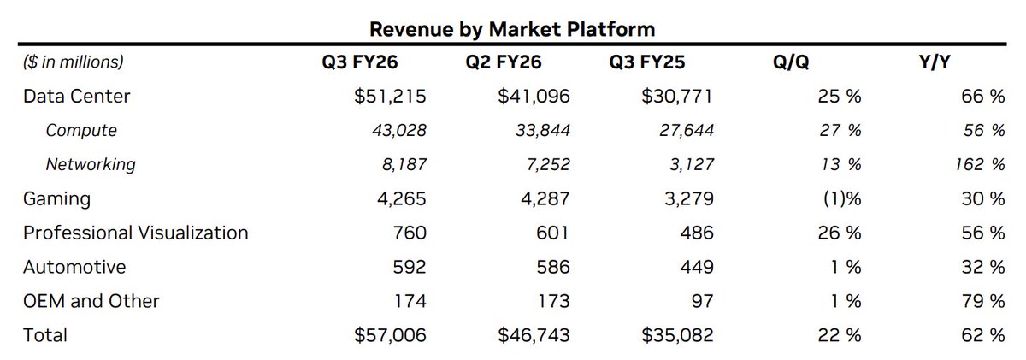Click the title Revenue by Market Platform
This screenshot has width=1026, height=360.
pyautogui.click(x=511, y=29)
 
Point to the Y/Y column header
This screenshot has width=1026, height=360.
pyautogui.click(x=939, y=62)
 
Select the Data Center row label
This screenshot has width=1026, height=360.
pyautogui.click(x=77, y=97)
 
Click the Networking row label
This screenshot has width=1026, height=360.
pyautogui.click(x=91, y=164)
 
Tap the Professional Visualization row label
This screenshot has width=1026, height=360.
pyautogui.click(x=136, y=233)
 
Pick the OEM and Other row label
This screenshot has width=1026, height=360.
pyautogui.click(x=91, y=300)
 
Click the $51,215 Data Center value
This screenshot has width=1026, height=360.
pyautogui.click(x=390, y=97)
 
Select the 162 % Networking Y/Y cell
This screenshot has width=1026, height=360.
pyautogui.click(x=979, y=164)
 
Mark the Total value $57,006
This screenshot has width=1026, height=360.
pyautogui.click(x=389, y=334)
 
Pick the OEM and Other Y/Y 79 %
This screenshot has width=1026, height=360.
pyautogui.click(x=982, y=300)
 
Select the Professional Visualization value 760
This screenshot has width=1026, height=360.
pyautogui.click(x=410, y=233)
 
